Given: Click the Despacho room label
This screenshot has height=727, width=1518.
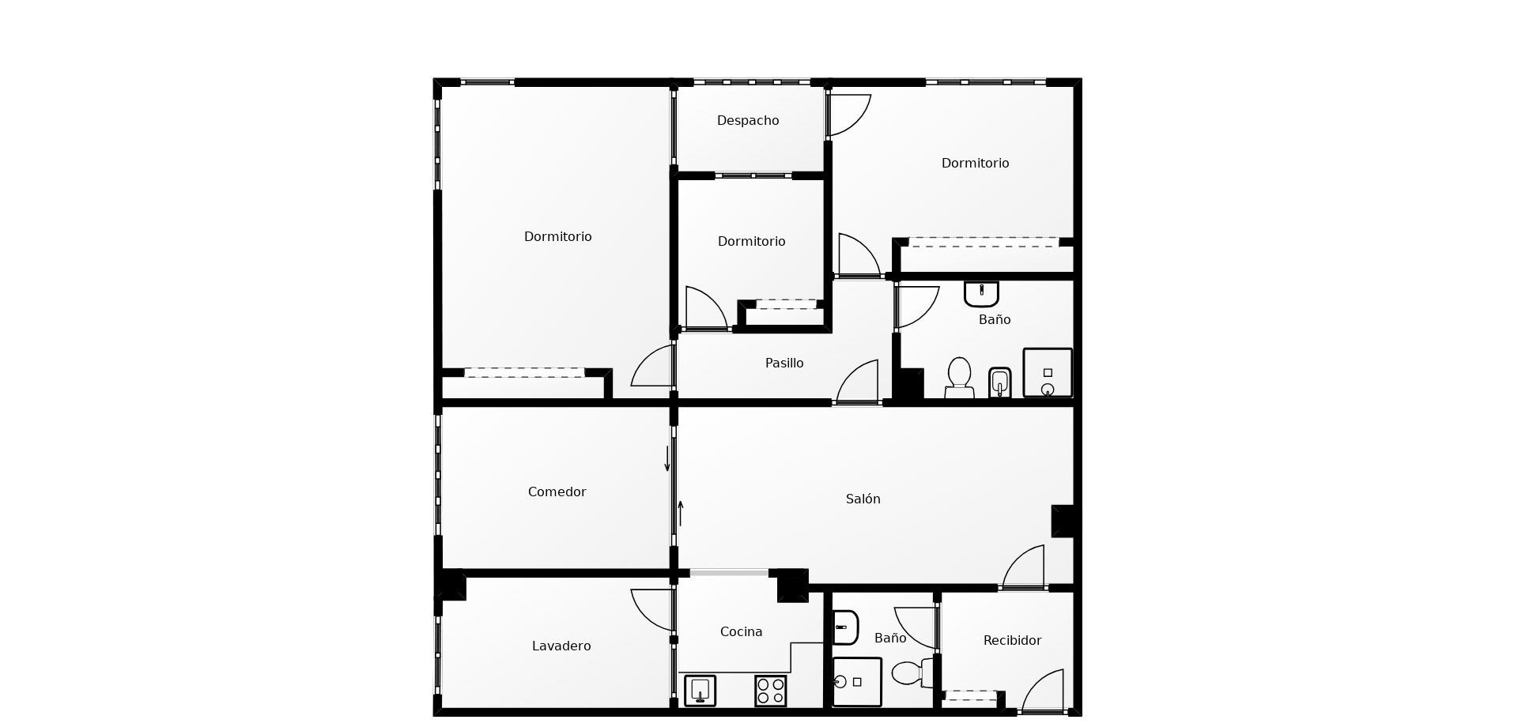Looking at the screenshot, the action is tap(748, 121).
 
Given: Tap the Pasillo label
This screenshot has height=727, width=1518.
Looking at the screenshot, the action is tap(784, 363).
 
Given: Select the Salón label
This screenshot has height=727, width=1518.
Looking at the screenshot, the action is tap(863, 499).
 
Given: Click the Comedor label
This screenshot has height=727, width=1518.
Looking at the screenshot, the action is tap(557, 492).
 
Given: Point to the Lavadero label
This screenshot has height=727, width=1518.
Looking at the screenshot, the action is tap(561, 646).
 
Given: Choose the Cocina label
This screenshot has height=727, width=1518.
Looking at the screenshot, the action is tap(741, 632).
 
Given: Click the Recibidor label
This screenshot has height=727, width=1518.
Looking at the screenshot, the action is tap(1012, 641).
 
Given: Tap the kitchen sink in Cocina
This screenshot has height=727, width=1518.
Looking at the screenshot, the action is tap(700, 691).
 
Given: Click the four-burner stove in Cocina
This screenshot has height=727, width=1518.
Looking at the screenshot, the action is tap(770, 691).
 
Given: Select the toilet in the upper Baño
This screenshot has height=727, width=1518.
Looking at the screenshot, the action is tap(959, 378).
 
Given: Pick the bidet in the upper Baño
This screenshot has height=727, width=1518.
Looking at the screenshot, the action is tap(999, 383).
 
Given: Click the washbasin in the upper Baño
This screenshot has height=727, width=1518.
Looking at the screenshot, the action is tap(981, 294).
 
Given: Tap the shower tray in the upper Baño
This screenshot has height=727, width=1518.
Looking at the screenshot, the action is tap(1048, 372).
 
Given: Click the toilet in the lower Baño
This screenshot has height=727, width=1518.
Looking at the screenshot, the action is tap(912, 673).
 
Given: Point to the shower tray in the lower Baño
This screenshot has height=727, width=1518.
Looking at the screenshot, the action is tap(856, 682).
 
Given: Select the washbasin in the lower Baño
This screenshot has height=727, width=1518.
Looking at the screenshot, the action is tap(845, 627).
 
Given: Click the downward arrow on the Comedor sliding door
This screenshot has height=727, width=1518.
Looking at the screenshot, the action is tap(667, 459).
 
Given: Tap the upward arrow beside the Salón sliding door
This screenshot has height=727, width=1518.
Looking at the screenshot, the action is tap(680, 514).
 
